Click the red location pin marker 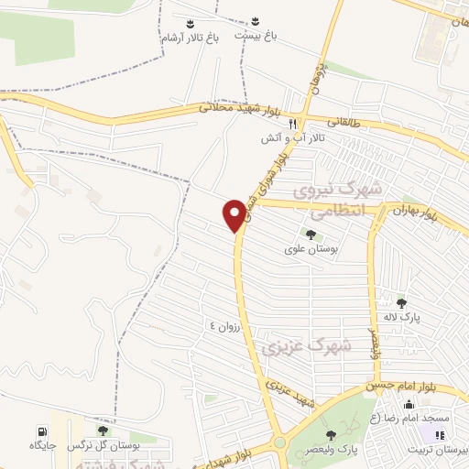(x=235, y=215)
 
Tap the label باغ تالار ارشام (x=190, y=38)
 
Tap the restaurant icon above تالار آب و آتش (x=292, y=123)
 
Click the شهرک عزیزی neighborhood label (x=293, y=347)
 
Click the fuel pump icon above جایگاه (x=42, y=431)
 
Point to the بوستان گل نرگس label (x=136, y=445)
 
